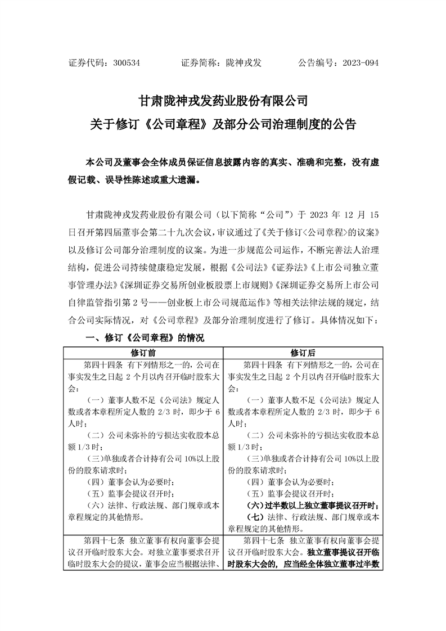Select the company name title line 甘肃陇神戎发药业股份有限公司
coord(223,101)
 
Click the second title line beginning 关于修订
coord(223,124)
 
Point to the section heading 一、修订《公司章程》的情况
coord(144,339)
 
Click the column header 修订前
coord(143,353)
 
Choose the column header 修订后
coord(303,353)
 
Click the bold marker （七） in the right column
coord(257,517)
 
